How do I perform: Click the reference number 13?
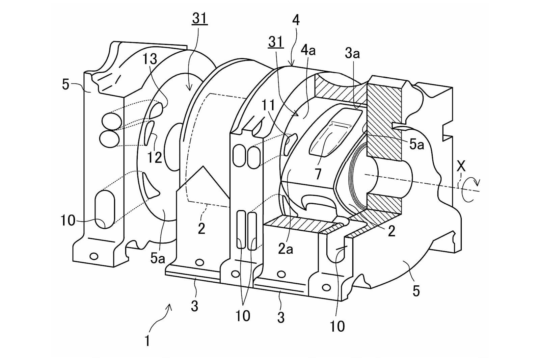(x=150, y=59)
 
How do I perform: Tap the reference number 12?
(x=155, y=158)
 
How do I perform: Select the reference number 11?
(x=268, y=105)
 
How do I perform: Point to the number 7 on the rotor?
(x=318, y=174)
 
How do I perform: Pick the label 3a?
(x=352, y=54)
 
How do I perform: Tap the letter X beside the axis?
(x=461, y=166)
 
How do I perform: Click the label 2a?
(x=286, y=249)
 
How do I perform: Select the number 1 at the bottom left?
(x=147, y=341)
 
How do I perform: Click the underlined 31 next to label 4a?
(x=275, y=43)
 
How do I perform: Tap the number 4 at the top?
(x=296, y=20)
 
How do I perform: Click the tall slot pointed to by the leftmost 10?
(x=105, y=209)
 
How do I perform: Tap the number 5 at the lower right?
(x=416, y=291)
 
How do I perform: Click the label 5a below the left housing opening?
(x=158, y=258)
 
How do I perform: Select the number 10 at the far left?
(x=68, y=220)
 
